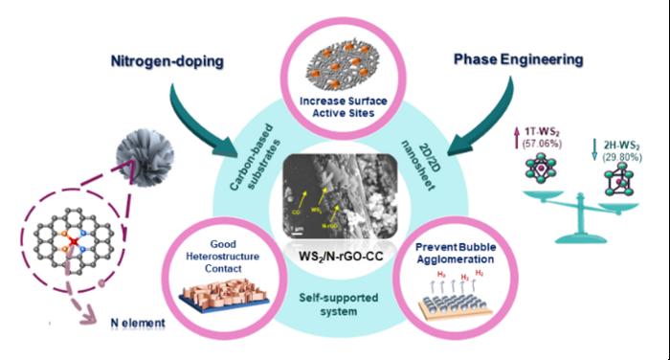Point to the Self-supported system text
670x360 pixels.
(337, 304)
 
